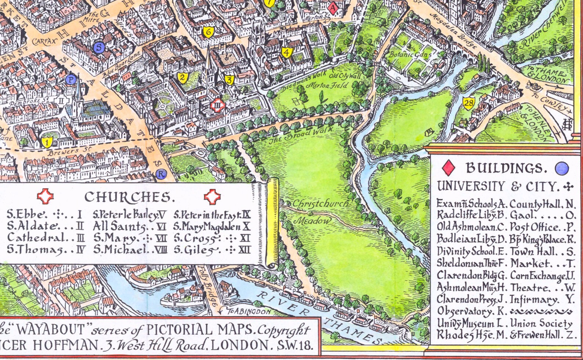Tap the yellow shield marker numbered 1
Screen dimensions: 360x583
coord(47,142)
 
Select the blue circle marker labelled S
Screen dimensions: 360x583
coord(99,47)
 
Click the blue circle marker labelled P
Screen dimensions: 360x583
coord(71,79)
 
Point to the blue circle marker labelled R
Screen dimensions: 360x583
coord(161,174)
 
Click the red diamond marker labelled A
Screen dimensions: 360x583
coord(333,8)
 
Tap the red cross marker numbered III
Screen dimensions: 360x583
coord(217,106)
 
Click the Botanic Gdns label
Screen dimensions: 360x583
coord(410,55)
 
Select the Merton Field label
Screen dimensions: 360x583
coord(327,85)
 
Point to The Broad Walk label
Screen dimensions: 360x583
coord(302,135)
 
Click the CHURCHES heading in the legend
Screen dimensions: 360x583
coord(128,197)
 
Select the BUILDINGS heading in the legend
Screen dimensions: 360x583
coord(506,168)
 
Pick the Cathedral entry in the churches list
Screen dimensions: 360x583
coord(37,237)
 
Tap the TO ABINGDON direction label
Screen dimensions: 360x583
coord(248,312)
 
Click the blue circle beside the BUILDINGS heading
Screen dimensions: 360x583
coord(562,168)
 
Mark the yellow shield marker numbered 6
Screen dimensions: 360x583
coord(209,32)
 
